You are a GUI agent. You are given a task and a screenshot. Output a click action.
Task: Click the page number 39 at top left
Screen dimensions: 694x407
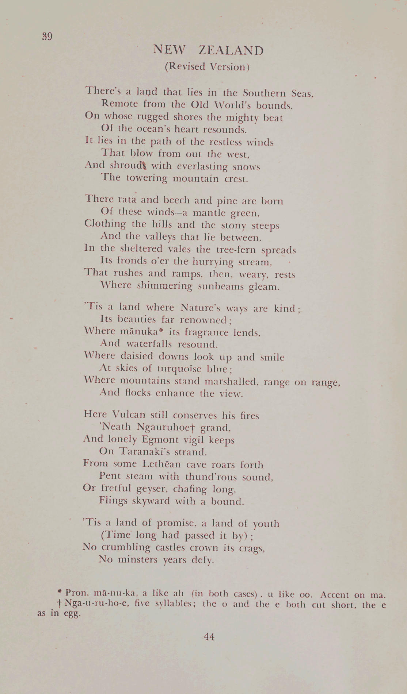(x=47, y=36)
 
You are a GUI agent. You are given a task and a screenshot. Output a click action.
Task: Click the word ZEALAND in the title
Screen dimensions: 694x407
(x=231, y=50)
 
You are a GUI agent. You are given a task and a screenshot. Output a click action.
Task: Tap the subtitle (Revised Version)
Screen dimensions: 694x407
(x=207, y=67)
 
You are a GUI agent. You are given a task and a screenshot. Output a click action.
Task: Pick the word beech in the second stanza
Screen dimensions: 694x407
(x=177, y=201)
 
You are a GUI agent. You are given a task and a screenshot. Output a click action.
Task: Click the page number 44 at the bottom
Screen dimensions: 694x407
(x=209, y=637)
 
